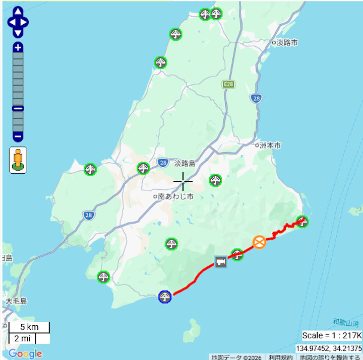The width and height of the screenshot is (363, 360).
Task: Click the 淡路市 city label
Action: coord(287,43)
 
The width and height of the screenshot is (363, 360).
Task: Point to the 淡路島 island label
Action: coord(185,163)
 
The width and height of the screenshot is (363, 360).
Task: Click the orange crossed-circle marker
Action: coord(260,242)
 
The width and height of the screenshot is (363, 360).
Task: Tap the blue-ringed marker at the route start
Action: coord(164,297)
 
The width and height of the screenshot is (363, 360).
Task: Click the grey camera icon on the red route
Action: coord(221,262)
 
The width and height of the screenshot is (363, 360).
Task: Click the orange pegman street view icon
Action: coord(18,160)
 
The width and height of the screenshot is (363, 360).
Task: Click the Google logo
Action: coord(25,353)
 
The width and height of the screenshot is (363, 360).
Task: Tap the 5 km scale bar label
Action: coord(29,327)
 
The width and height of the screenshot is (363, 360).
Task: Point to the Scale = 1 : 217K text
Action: coord(332,335)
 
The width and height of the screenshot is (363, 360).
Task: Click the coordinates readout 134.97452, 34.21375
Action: coord(328,348)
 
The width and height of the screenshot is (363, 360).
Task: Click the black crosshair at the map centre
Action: coord(183,181)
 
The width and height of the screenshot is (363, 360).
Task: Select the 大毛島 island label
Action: coord(16,302)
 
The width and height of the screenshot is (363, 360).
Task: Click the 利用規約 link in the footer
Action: coord(280,357)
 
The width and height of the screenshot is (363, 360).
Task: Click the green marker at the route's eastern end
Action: coord(302,221)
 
